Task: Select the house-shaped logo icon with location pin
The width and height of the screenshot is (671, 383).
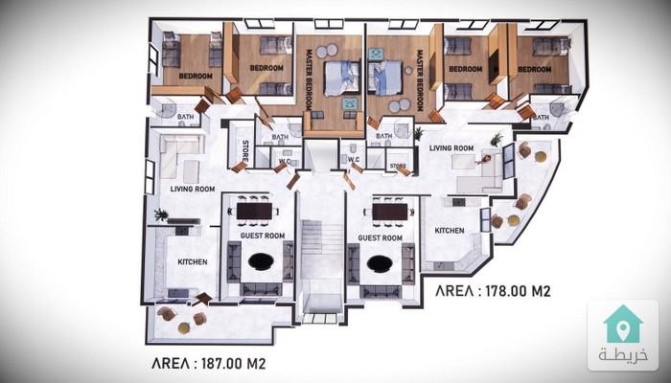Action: [623, 325]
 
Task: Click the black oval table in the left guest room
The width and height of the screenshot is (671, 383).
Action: [261, 261]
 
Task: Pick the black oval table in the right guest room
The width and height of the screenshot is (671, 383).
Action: [380, 263]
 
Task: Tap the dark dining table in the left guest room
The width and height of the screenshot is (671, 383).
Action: [254, 212]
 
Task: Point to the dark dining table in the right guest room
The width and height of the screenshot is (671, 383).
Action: [390, 212]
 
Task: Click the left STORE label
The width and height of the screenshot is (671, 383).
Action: [245, 151]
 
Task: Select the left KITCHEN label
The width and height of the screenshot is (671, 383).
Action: [193, 262]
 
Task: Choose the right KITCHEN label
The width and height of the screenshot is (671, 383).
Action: [450, 231]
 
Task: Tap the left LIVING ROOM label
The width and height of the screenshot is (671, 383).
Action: [193, 189]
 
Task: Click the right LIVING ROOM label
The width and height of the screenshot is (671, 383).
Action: [451, 148]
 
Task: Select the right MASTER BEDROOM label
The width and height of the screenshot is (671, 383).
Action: [420, 80]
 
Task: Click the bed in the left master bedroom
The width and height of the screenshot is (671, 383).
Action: [341, 79]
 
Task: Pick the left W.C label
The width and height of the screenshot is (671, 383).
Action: [285, 161]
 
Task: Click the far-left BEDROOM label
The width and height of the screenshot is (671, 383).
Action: [196, 76]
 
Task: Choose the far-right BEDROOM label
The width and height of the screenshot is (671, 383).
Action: [535, 69]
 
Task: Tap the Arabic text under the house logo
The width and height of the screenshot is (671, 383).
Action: [623, 355]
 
